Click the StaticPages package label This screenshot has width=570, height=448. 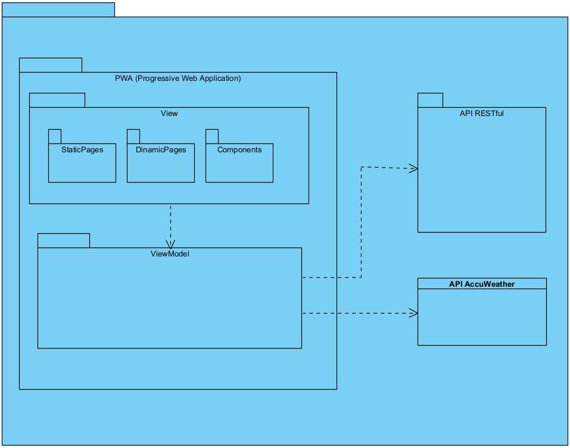click(82, 150)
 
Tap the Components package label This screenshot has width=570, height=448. click(239, 150)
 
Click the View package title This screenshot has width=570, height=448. click(169, 113)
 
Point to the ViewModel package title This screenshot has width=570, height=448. click(170, 254)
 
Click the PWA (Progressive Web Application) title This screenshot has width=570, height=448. click(177, 78)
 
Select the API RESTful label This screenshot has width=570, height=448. click(481, 113)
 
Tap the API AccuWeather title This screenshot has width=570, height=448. click(481, 284)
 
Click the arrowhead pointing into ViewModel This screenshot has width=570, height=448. click(171, 243)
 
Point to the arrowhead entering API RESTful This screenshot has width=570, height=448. click(413, 169)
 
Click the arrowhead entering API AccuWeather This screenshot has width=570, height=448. click(413, 313)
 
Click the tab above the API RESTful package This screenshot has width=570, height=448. click(430, 100)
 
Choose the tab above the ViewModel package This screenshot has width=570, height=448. click(64, 240)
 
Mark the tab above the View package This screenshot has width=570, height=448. click(57, 100)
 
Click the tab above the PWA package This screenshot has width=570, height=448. click(51, 65)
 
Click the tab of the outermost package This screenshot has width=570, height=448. click(58, 10)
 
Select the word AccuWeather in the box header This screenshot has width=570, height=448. click(490, 284)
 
